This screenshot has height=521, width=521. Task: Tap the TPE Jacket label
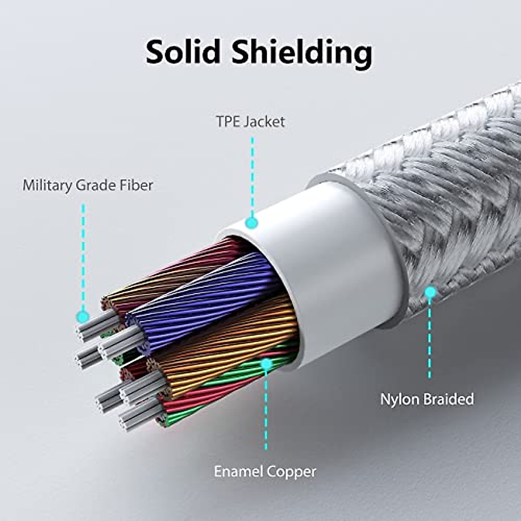pos(251,122)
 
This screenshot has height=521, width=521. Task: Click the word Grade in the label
pos(97,186)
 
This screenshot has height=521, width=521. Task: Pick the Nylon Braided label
pos(427,399)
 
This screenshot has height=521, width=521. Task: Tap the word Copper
pos(291,472)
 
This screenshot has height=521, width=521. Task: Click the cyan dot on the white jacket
pos(251,223)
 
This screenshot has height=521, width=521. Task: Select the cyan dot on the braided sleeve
pos(430,292)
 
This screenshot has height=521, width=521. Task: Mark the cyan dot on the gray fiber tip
pos(82,316)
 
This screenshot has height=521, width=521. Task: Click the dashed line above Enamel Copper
pos(266,412)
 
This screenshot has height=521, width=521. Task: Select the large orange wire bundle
pos(226,343)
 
